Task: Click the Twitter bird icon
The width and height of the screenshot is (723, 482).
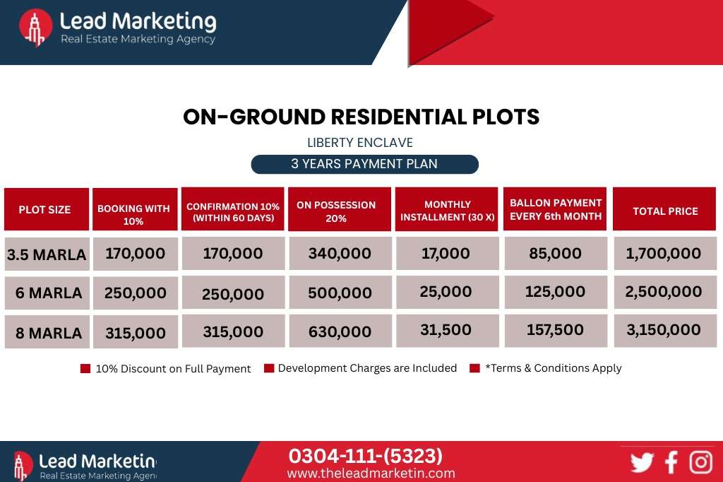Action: pyautogui.click(x=642, y=462)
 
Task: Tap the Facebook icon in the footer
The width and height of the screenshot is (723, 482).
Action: pyautogui.click(x=671, y=462)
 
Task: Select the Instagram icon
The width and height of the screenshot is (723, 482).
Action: pyautogui.click(x=701, y=462)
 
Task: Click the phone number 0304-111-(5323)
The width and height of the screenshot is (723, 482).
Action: pyautogui.click(x=365, y=456)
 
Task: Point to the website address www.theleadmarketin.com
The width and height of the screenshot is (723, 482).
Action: pyautogui.click(x=371, y=474)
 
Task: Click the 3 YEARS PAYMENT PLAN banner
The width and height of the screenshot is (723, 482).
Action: pyautogui.click(x=365, y=165)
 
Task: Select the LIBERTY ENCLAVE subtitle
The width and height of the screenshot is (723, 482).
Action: pyautogui.click(x=360, y=143)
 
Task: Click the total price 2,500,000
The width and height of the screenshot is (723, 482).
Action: pyautogui.click(x=664, y=292)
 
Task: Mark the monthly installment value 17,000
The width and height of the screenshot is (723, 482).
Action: pyautogui.click(x=446, y=253)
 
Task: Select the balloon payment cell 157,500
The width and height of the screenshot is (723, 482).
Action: pyautogui.click(x=556, y=331)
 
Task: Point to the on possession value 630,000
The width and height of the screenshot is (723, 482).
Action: pyautogui.click(x=340, y=331)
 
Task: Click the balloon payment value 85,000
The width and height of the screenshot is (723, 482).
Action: pyautogui.click(x=555, y=253)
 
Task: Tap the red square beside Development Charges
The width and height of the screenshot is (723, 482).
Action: pyautogui.click(x=269, y=368)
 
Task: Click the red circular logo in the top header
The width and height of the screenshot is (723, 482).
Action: pyautogui.click(x=35, y=28)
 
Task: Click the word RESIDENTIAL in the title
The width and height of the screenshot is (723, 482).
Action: pyautogui.click(x=398, y=117)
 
